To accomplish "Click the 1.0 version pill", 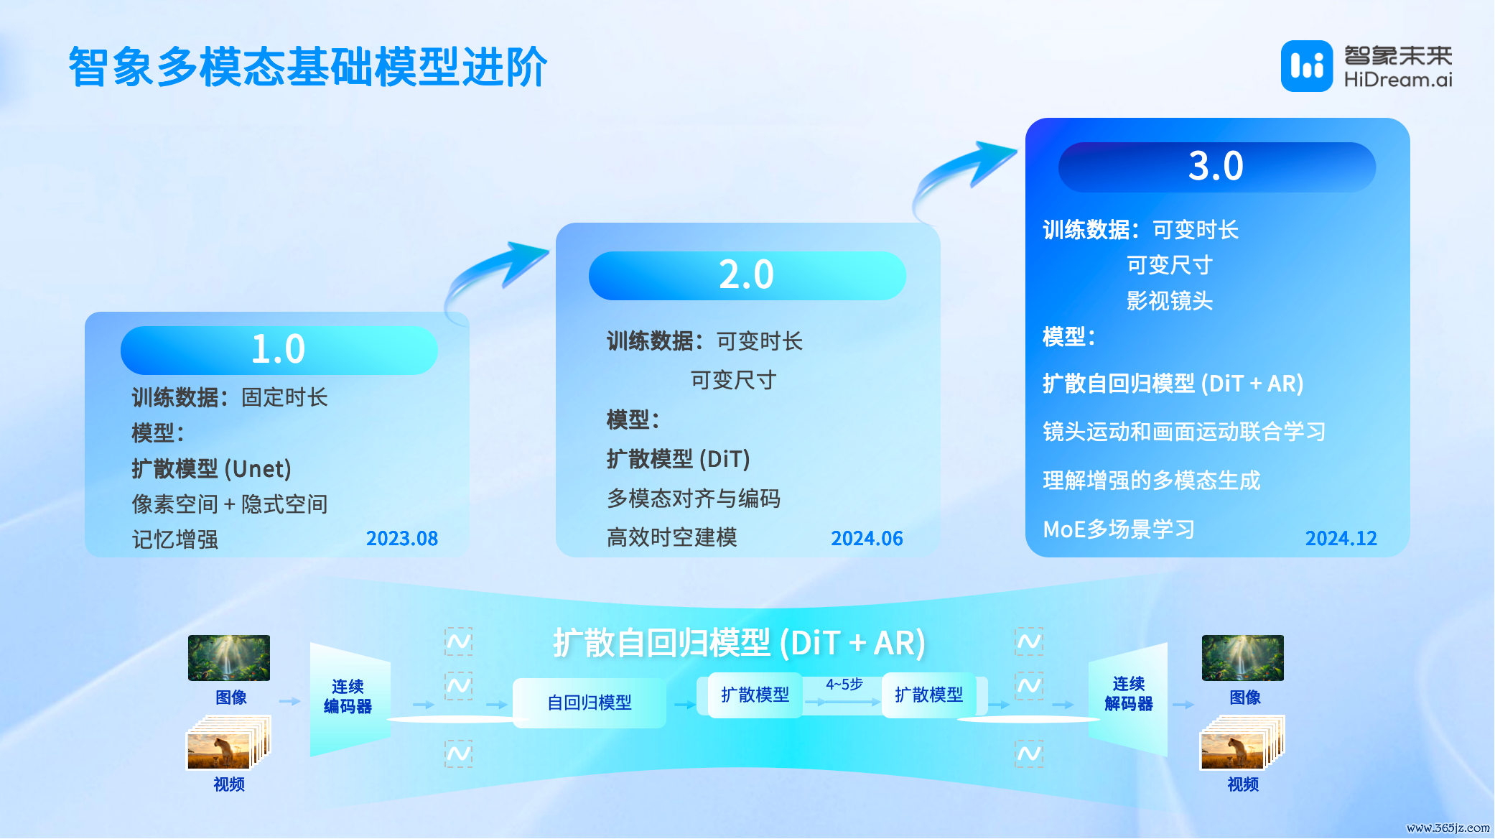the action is pos(279,350).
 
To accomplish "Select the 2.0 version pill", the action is pos(747,275).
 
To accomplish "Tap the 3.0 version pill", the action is pos(1216,167).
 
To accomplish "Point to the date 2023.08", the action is pos(402,538).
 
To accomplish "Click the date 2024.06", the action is pos(867,538).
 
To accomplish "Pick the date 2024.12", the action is pos(1341,538).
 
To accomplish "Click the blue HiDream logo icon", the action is pos(1307,66).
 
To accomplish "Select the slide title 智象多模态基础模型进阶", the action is pos(308,67).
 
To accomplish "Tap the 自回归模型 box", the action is pos(590,703).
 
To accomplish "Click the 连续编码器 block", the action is pos(350,698).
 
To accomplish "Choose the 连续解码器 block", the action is pos(1128,698).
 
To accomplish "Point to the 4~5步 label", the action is pos(844,685).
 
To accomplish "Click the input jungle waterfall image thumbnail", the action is pos(229,658).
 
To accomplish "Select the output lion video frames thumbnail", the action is pos(1242,743).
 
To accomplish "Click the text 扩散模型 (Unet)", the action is pos(211,469).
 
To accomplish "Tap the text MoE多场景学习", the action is pos(1119,529).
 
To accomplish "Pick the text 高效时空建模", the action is pos(672,537).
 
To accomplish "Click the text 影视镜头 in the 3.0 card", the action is pos(1170,300).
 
